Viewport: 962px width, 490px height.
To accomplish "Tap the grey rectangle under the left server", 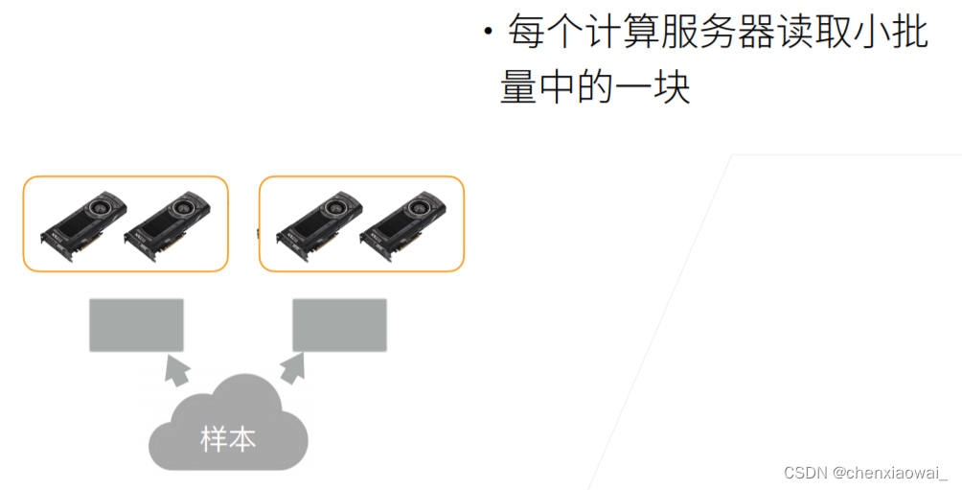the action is (x=136, y=325).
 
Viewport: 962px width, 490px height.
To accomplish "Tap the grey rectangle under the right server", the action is (x=339, y=325).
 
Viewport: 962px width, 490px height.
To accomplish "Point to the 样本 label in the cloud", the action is (x=228, y=440).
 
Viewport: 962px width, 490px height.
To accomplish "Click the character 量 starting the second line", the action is (x=518, y=88).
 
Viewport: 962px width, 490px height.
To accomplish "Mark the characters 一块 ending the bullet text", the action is (x=656, y=88).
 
